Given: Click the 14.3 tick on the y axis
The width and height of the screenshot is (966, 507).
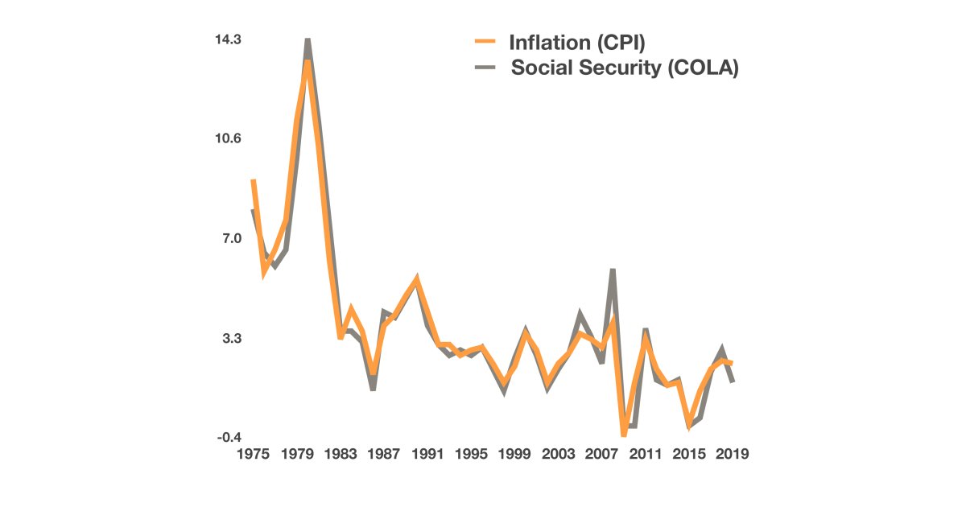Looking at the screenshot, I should coord(229,39).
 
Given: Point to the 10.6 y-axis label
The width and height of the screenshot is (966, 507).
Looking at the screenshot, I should coord(229,138).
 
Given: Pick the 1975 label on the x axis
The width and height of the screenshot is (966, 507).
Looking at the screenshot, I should coord(252,455).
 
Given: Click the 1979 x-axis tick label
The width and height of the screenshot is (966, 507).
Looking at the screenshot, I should coord(296,455).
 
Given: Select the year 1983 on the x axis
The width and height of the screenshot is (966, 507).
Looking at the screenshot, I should coord(340,455).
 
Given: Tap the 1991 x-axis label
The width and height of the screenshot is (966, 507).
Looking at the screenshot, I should coord(427,455).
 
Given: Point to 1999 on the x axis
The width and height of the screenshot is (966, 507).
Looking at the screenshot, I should coord(514,455).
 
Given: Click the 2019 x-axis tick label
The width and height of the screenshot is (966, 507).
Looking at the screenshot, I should coord(733,455).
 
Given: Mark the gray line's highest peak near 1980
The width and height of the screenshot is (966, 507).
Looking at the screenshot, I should coord(308,39).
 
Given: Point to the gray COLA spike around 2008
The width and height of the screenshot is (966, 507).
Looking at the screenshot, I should coord(613,270).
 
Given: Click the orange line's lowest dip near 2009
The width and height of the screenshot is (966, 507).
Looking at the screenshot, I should coord(624,435).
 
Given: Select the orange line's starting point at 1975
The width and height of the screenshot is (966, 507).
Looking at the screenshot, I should coord(253,180).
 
